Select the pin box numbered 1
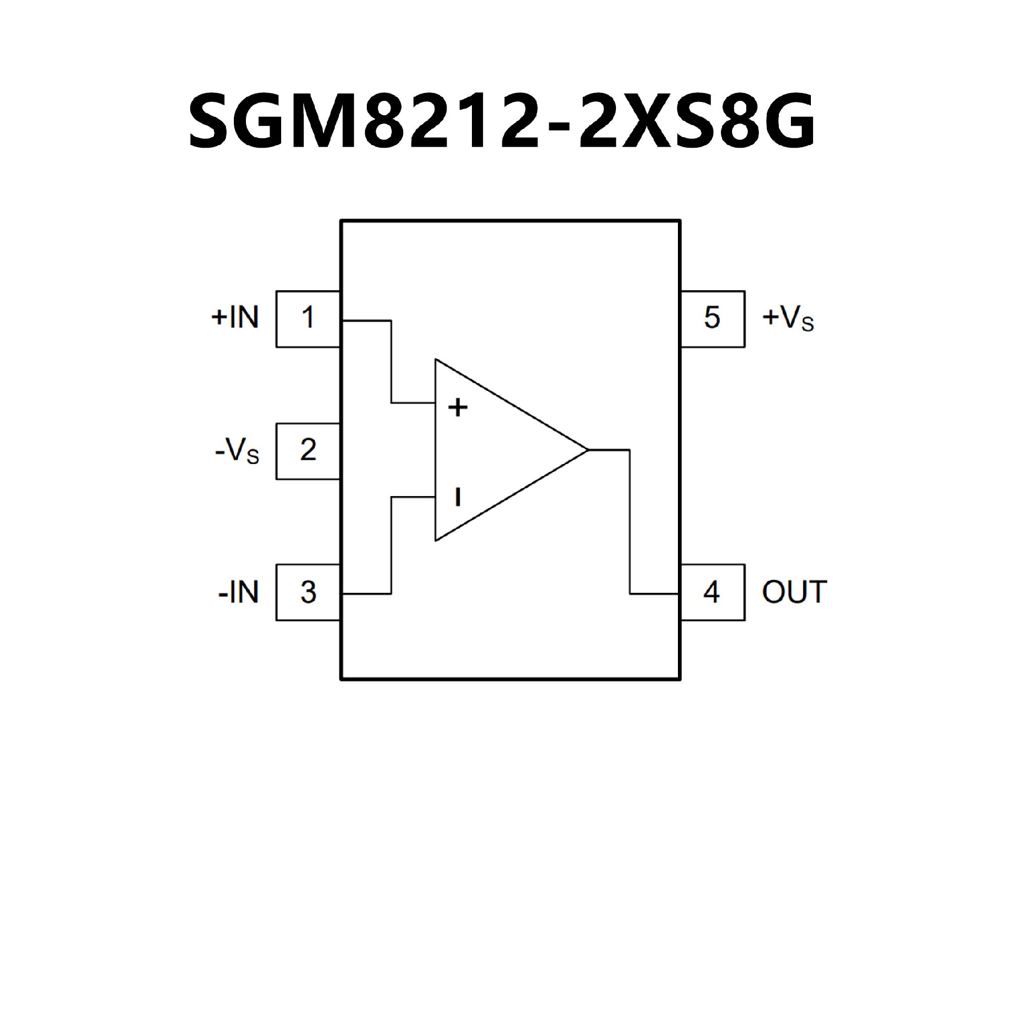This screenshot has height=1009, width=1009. tap(308, 318)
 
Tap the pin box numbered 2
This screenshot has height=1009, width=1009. tap(308, 451)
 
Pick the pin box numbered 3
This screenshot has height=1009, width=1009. tap(308, 592)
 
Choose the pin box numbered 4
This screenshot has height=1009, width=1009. tap(712, 592)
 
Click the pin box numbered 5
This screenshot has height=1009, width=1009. tap(712, 318)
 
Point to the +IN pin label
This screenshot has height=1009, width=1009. tap(235, 317)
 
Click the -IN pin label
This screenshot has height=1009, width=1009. tap(239, 592)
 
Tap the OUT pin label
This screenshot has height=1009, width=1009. tap(794, 592)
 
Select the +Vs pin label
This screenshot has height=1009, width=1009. tap(788, 318)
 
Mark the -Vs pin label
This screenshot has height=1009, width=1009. tap(237, 451)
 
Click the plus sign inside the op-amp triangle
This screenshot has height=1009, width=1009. tap(458, 407)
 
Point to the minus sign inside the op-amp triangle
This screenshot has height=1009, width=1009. tap(458, 497)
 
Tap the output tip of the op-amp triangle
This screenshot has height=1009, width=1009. tap(586, 450)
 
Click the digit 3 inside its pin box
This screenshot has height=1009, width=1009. tap(308, 592)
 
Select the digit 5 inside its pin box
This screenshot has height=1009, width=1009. tap(712, 318)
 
